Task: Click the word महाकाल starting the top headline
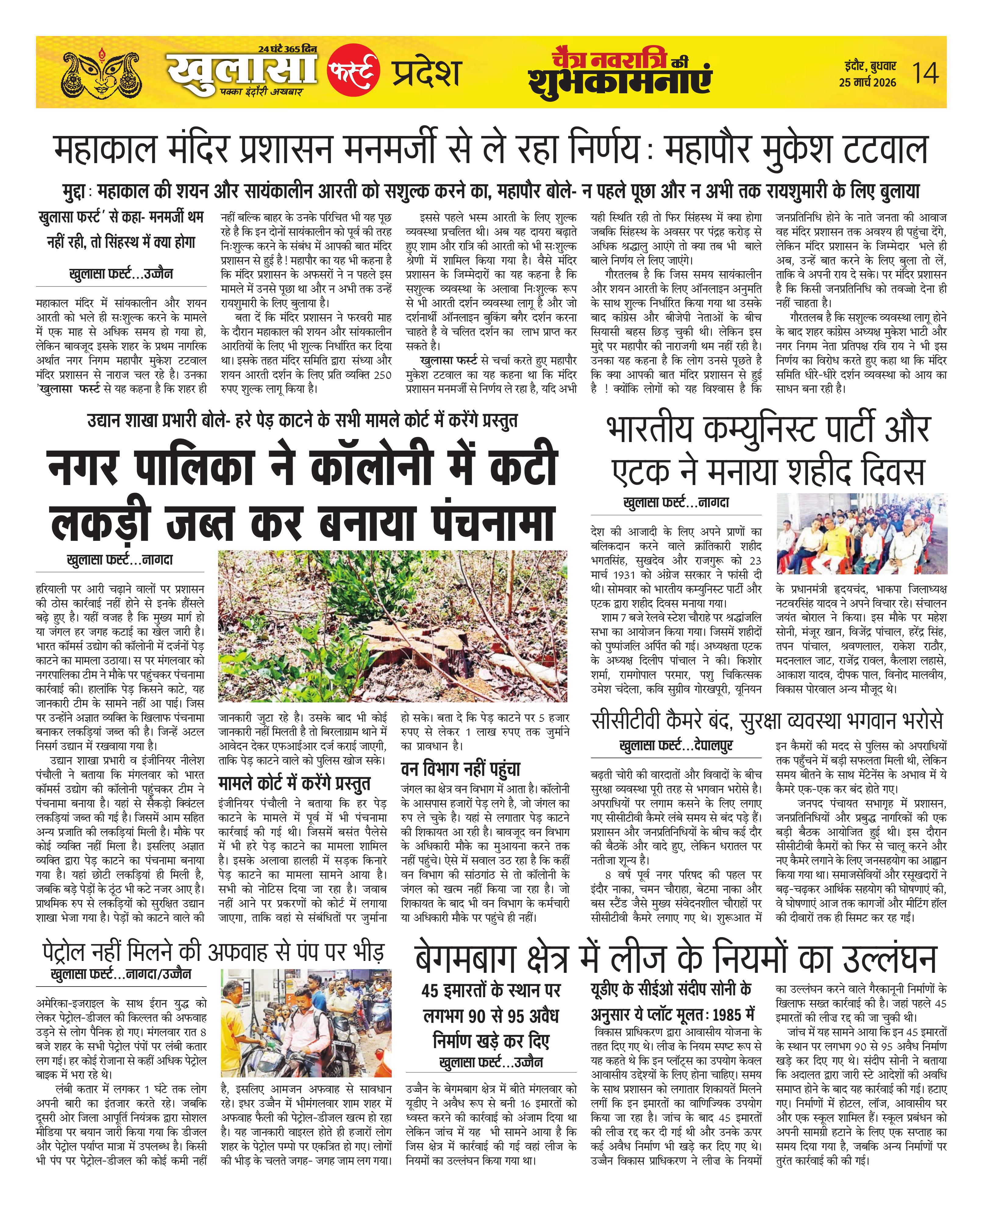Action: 105,150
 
